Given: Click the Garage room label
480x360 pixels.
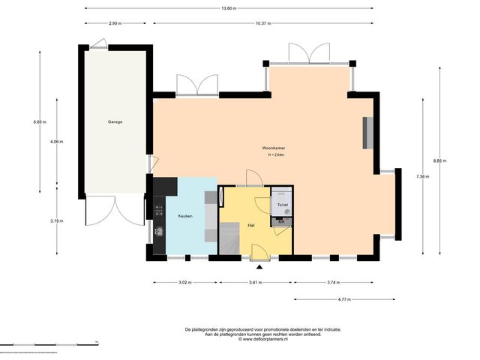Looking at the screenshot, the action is point(115,121).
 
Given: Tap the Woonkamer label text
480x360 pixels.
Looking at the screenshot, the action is point(273,148).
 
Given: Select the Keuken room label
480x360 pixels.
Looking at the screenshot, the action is point(185,216).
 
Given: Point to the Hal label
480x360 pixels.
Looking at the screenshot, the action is point(251,225).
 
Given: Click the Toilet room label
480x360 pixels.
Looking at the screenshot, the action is point(283,205).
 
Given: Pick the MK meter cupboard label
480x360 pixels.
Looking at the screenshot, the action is point(281,221).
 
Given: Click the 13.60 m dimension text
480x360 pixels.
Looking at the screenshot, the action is point(229,8).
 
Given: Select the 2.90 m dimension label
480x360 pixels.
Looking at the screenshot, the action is point(115,23).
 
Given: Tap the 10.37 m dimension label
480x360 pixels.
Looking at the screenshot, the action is point(263,23).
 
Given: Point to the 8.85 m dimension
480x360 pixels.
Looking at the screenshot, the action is point(439,160).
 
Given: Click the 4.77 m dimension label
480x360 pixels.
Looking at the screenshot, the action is point(344,299).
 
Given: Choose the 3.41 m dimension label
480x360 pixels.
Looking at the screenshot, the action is point(255,283).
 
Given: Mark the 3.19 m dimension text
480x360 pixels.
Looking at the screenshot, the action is point(57,221).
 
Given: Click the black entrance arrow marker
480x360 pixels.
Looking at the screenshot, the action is point(259,268).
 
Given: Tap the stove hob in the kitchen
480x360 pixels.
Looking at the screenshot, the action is point(159,211).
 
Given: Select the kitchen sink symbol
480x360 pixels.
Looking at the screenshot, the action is point(159,231).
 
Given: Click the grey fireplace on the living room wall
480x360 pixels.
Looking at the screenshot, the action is point(368,133).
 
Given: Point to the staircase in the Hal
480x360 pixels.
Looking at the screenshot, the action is point(229,238).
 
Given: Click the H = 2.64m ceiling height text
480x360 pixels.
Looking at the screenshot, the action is point(276,155).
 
